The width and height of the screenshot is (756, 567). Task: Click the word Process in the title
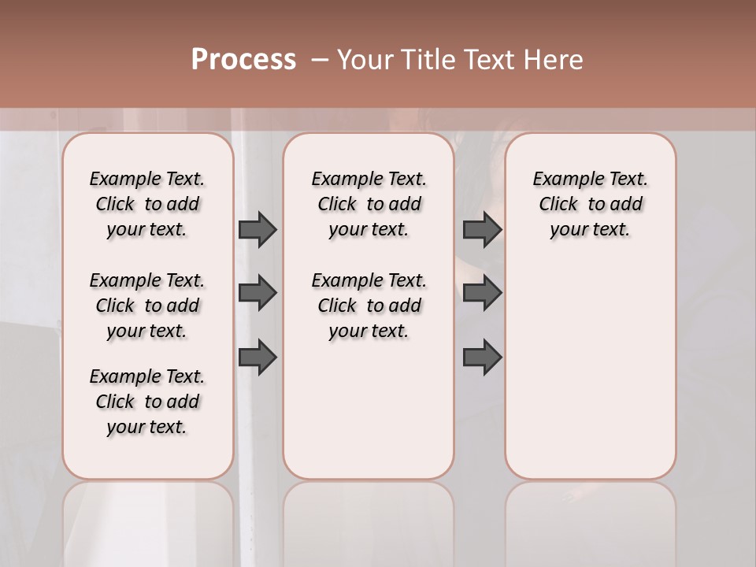coord(243,60)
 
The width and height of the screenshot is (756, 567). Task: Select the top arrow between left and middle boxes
coord(258,229)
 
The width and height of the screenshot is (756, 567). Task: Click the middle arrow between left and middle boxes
coord(258,293)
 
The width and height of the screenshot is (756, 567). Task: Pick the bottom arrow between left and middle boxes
coord(258,357)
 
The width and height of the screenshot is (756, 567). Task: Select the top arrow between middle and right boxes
coord(482,229)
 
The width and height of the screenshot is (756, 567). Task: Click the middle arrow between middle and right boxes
coord(482,293)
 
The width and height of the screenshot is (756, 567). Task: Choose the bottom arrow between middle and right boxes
coord(482,357)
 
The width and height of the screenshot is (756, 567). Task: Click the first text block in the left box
coord(147,204)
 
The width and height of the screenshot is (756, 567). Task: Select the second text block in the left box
coord(147,306)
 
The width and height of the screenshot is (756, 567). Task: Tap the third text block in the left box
coord(147,402)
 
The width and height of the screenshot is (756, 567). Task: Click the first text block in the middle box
coord(369,204)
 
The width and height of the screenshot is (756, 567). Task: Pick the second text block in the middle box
coord(369,306)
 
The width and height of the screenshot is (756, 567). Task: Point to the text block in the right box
coord(590,204)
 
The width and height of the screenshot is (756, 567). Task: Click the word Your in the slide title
coord(365,60)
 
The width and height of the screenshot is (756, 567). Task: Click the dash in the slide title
coord(320,60)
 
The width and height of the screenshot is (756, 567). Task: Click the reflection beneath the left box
coord(148,520)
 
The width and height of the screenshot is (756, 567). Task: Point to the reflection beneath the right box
coord(591,520)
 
